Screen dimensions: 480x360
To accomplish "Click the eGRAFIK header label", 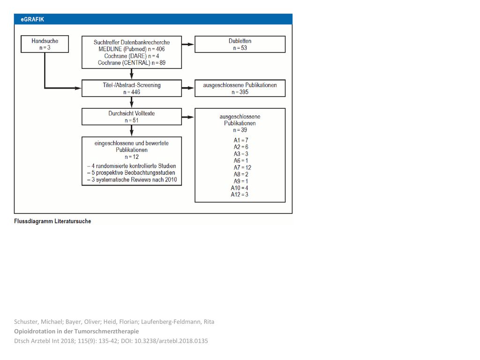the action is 32,19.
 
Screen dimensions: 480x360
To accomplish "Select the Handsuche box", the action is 45,44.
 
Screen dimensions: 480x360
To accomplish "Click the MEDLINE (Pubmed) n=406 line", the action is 132,49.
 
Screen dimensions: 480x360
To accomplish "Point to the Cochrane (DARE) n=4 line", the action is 132,56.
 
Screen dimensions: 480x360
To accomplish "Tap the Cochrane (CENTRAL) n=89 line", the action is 132,63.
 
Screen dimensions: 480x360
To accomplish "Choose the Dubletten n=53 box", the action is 240,44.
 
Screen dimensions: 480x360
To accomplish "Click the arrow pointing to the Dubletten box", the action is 188,44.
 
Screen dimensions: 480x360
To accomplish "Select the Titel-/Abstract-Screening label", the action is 132,85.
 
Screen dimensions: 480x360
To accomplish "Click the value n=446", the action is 132,92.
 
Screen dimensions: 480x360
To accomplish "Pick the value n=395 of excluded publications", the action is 240,92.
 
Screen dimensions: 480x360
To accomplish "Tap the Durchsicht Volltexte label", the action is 132,113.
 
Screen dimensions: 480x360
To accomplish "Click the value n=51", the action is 132,120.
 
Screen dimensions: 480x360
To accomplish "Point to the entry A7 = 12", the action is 242,167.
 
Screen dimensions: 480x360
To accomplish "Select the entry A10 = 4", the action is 240,187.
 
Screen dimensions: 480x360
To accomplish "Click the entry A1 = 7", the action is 241,140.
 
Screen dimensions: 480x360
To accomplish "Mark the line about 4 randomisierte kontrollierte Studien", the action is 132,166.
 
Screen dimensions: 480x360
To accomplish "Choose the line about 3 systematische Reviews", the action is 132,180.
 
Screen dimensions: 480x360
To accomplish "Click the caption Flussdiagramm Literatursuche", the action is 52,221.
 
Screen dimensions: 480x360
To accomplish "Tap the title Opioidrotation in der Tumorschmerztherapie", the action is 76,331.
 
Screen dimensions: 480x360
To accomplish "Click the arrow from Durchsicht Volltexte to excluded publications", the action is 188,117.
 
